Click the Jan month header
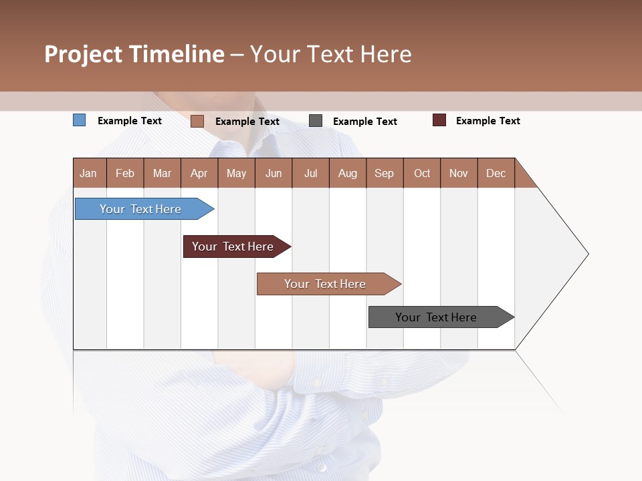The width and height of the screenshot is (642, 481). [x=89, y=173]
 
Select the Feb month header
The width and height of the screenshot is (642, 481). [x=125, y=173]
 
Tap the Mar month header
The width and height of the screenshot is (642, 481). [x=162, y=173]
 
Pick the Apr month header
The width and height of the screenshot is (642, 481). [x=199, y=173]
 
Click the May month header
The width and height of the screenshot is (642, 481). [x=236, y=173]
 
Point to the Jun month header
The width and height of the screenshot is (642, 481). [x=274, y=173]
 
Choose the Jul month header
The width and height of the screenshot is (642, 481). [x=310, y=173]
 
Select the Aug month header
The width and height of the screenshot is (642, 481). [x=348, y=173]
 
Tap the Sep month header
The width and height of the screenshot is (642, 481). [x=385, y=173]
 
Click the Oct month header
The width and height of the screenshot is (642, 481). [x=422, y=173]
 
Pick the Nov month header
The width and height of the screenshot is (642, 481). [x=459, y=173]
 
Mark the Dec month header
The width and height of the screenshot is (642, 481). [x=496, y=173]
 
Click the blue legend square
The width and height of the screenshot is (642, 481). [x=80, y=120]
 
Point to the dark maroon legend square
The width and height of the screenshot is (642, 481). [x=439, y=120]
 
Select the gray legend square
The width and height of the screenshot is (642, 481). [x=316, y=121]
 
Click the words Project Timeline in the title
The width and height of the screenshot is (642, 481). [x=134, y=54]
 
